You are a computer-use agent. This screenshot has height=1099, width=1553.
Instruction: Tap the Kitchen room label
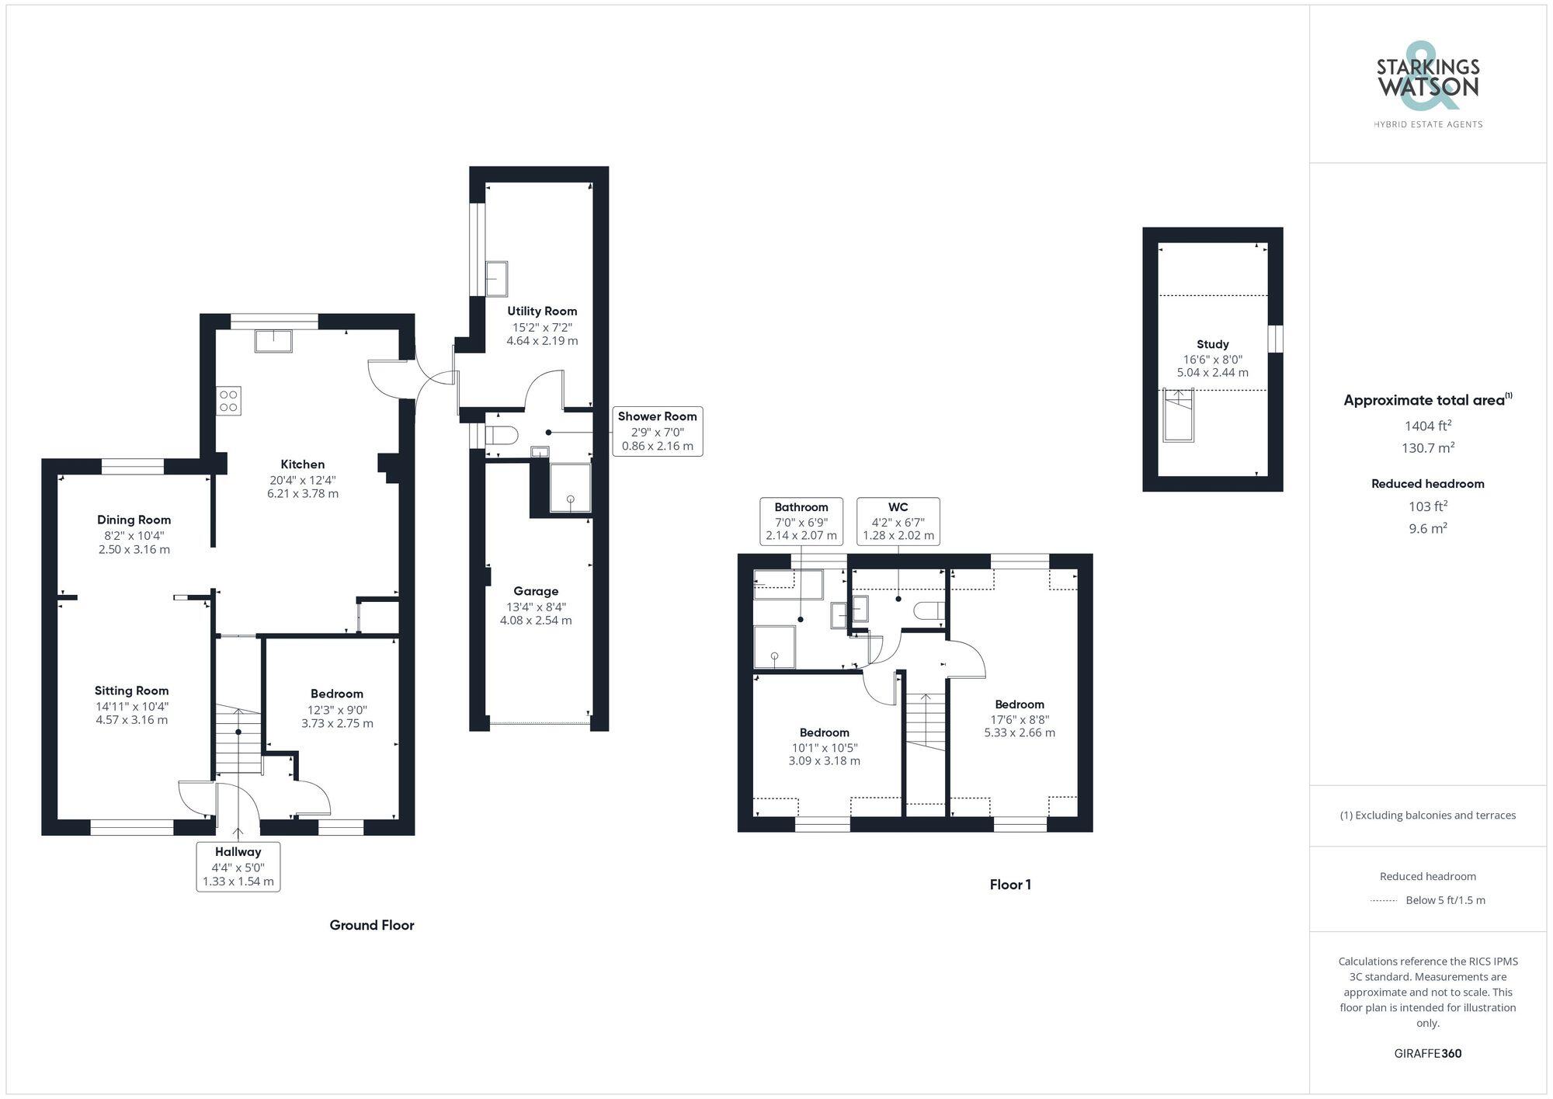[302, 464]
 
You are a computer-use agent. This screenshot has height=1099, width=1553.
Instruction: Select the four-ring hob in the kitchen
[229, 401]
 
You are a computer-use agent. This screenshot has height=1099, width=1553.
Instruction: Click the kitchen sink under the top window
[273, 341]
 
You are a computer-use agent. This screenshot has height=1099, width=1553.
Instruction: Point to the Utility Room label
[542, 311]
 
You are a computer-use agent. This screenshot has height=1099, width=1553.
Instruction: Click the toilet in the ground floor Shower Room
[502, 434]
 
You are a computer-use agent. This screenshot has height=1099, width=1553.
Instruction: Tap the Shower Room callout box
[657, 431]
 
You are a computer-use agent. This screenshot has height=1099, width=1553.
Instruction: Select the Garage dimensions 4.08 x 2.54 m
[536, 621]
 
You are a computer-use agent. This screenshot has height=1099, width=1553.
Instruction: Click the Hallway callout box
[238, 866]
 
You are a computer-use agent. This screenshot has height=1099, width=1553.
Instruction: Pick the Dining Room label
[134, 520]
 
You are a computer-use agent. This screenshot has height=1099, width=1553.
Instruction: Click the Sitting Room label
[131, 690]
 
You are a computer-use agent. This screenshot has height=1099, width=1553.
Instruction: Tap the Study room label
[1212, 344]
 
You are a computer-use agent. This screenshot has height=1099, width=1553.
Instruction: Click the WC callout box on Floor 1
[898, 521]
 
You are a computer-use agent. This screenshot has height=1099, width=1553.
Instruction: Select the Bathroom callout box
[801, 521]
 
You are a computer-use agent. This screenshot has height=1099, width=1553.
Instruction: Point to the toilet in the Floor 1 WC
[929, 611]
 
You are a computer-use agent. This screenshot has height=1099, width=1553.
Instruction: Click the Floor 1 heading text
[1009, 885]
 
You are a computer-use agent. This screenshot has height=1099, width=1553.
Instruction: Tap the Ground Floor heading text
[371, 925]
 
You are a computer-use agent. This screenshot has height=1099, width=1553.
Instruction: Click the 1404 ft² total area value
[1427, 426]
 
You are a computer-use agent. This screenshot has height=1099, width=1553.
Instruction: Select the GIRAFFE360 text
[1427, 1054]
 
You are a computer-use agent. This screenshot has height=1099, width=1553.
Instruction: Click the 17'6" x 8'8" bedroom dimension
[1019, 719]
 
